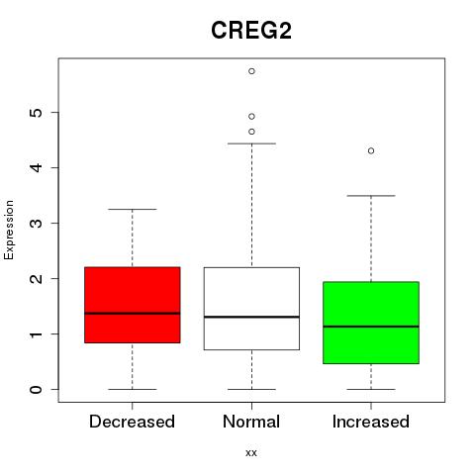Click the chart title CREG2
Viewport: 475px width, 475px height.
(x=251, y=31)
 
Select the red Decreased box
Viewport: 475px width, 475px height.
(x=133, y=305)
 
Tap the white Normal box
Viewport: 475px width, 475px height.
(x=251, y=309)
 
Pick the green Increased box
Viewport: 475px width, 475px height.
(x=371, y=323)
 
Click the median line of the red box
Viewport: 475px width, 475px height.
(x=133, y=314)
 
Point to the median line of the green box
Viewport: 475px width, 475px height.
(x=371, y=327)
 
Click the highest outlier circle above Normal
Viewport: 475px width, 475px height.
(x=251, y=71)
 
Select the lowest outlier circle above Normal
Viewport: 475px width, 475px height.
(x=251, y=132)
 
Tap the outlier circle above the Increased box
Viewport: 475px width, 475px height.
(x=371, y=150)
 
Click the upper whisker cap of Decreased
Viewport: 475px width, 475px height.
(x=133, y=209)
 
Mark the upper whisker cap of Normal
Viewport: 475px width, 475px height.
(x=251, y=143)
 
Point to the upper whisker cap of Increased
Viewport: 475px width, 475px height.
(x=371, y=196)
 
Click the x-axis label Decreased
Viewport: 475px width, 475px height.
(x=132, y=422)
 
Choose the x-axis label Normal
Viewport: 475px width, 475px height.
(x=251, y=422)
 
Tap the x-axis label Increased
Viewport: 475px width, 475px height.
(x=371, y=422)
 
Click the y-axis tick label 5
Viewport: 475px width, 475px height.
(x=37, y=113)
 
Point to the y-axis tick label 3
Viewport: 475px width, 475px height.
(x=37, y=223)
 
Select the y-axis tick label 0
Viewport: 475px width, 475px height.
(x=37, y=390)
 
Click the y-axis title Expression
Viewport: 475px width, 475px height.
(x=9, y=230)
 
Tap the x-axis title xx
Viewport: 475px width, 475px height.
(x=251, y=453)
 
